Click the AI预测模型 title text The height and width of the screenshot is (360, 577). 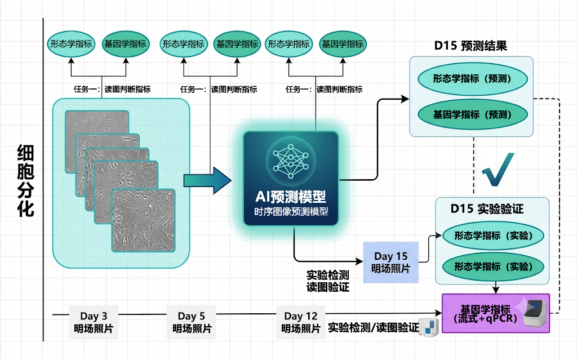tap(290, 197)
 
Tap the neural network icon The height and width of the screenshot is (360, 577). tap(291, 161)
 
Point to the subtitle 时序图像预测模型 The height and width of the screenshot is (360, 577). tap(291, 212)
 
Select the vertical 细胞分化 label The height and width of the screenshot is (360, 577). tap(26, 180)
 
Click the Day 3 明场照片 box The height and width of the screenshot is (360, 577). tap(94, 322)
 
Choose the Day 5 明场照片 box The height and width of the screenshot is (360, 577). tap(192, 322)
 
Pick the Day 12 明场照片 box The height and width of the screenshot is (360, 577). tap(301, 322)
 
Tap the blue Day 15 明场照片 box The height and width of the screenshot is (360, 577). tap(391, 262)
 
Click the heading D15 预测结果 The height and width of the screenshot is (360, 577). tap(471, 46)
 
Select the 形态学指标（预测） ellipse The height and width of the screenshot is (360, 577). tap(473, 79)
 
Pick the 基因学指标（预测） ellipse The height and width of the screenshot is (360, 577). tap(473, 114)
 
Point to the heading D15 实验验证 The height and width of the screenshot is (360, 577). tap(487, 208)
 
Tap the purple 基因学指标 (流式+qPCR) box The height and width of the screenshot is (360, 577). tap(496, 313)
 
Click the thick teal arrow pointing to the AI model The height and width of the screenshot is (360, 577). tap(207, 180)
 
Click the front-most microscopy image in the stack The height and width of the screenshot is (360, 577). tap(144, 220)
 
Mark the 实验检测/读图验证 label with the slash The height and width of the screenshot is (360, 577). tap(373, 327)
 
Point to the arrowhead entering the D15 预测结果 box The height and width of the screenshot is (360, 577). tap(405, 99)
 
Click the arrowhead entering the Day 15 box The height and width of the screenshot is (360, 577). tap(359, 261)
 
